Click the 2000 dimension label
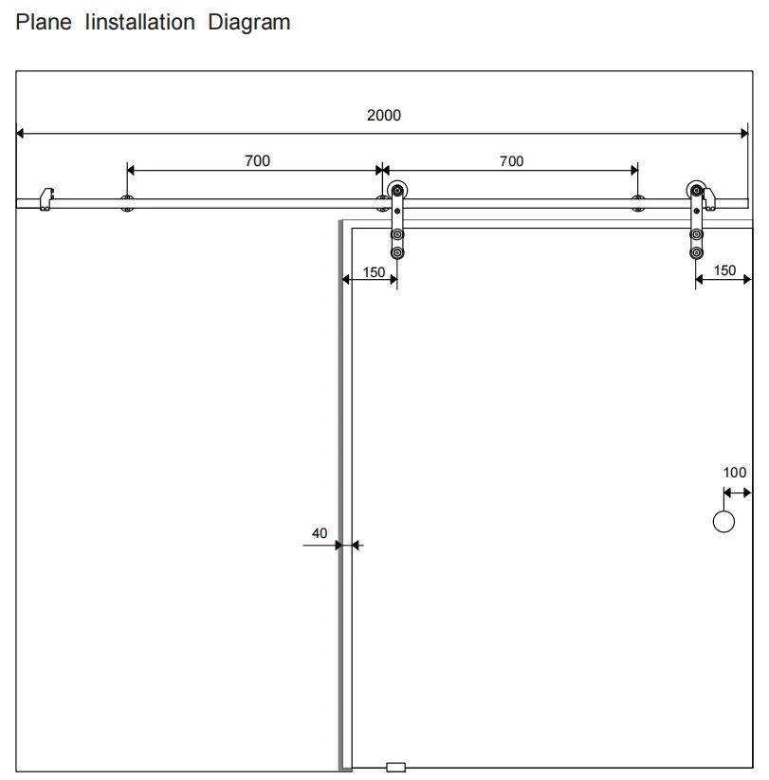point(384,116)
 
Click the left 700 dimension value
point(258,160)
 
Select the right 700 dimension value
point(511,161)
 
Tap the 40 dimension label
point(320,533)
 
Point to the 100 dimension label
point(734,473)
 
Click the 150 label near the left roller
point(374,272)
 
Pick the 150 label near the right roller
point(724,270)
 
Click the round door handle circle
point(723,522)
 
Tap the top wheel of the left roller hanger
point(397,191)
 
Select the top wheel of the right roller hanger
point(696,191)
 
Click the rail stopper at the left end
point(46,199)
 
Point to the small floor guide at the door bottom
point(395,767)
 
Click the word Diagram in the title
point(249,23)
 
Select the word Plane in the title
point(44,23)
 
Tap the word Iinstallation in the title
point(139,23)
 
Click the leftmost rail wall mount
point(127,203)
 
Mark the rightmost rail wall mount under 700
point(638,203)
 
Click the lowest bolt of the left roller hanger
point(397,252)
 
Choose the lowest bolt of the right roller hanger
point(696,252)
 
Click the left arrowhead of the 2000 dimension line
point(20,133)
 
